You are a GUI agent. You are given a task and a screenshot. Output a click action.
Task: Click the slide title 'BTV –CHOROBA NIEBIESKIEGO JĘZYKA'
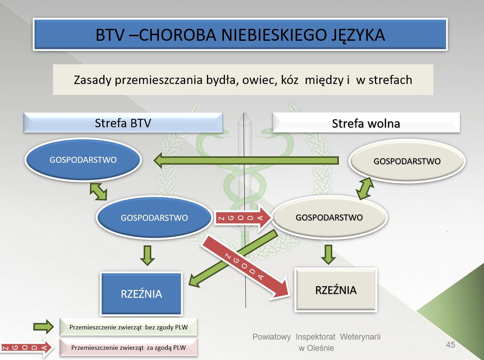240,34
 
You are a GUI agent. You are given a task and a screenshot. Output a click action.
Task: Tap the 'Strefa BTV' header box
123,123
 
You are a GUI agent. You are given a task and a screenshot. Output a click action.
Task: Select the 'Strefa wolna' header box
366,123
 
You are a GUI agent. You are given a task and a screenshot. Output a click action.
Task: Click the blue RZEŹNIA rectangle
141,294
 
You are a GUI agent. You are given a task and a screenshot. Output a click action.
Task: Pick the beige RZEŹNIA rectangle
336,290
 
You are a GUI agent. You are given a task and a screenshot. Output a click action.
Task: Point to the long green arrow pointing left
246,160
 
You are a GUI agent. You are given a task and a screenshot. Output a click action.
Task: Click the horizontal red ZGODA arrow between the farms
243,218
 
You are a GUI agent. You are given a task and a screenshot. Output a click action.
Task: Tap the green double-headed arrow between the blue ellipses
98,192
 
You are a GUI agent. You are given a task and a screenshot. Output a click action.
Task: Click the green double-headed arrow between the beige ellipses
365,188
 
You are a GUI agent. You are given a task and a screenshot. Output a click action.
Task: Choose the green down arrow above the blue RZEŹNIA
148,256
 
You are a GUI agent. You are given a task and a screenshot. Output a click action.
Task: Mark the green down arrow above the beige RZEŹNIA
328,255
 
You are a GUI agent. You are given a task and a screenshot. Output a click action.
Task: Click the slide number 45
451,345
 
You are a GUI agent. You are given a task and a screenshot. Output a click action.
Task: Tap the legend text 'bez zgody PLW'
166,327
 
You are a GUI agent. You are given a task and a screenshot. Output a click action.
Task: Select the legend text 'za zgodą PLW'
166,347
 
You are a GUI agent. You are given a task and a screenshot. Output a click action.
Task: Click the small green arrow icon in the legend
44,327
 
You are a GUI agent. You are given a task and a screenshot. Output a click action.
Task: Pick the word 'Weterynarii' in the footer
360,337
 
